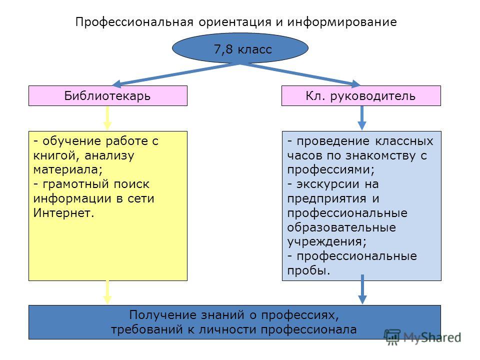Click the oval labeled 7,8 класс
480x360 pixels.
tap(240, 48)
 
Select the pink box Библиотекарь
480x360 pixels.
tap(108, 96)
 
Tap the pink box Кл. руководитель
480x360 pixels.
tap(361, 96)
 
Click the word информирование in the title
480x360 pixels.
tap(342, 22)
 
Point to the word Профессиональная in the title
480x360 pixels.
tap(134, 22)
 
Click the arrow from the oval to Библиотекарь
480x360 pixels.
tap(175, 74)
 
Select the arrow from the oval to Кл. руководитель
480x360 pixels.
tap(300, 74)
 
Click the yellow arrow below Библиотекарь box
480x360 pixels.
tap(107, 118)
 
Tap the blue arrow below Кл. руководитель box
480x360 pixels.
tap(362, 118)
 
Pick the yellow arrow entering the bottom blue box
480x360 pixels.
tap(107, 292)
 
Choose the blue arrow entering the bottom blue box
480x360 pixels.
tap(362, 289)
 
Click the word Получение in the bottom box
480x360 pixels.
tap(163, 315)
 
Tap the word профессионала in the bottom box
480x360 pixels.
tap(308, 329)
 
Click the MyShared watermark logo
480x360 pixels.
tap(423, 337)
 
